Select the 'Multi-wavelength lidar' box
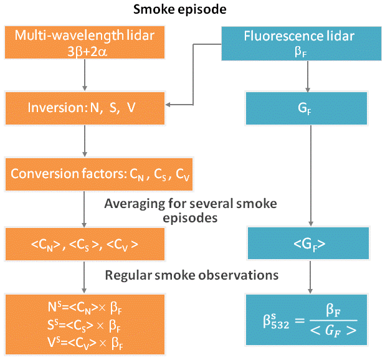85,42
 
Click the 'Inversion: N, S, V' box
85,108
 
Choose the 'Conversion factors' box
85,175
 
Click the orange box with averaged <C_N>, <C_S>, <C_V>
85,244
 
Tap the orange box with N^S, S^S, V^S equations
85,323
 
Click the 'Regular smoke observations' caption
191,275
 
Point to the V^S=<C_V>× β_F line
85,341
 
